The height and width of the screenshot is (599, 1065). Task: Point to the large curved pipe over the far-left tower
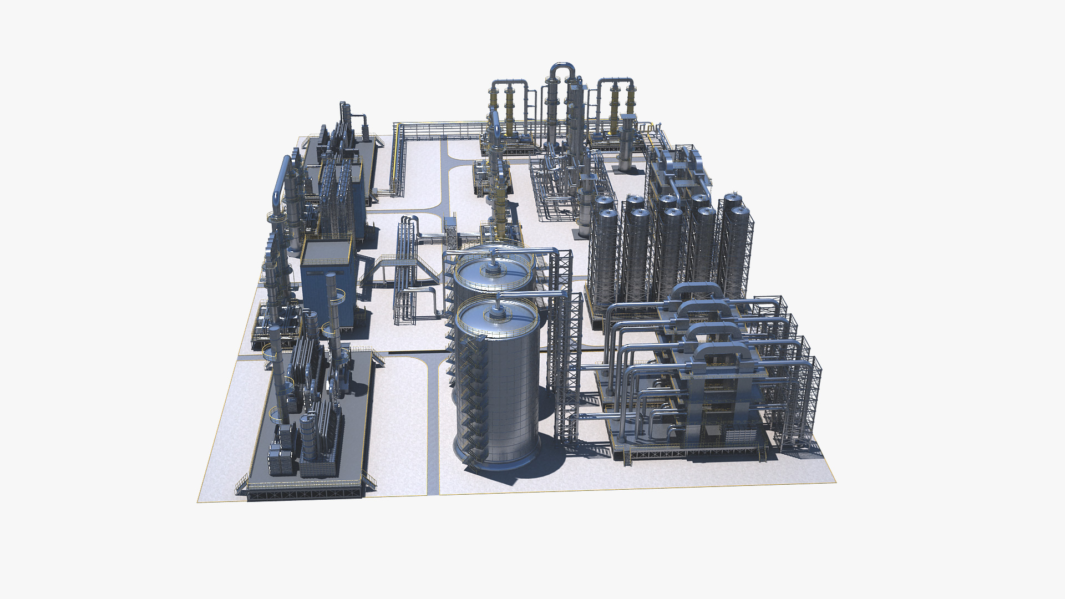[280, 177]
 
